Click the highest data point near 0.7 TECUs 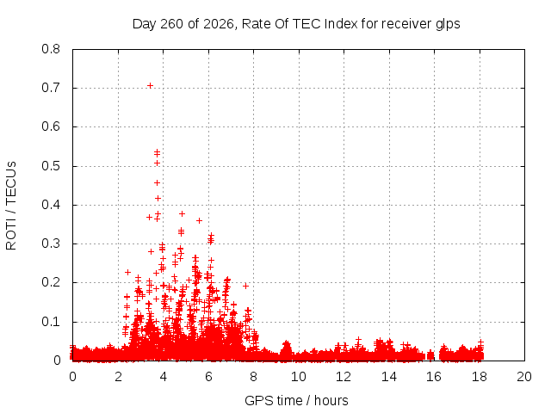(x=150, y=86)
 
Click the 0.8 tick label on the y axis (x=51, y=49)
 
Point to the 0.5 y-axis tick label (x=51, y=166)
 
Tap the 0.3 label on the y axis (x=51, y=243)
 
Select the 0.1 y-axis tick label (x=51, y=322)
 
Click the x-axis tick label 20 (x=524, y=377)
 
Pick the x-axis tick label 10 (x=299, y=377)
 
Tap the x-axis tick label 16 (x=434, y=377)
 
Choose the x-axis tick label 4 (x=163, y=377)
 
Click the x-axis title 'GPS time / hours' (x=296, y=400)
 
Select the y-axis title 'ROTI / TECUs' (x=11, y=206)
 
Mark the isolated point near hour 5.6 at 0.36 (x=199, y=220)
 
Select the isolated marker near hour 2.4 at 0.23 (x=128, y=272)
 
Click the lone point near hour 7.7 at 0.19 (x=246, y=286)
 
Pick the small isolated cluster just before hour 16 (x=430, y=355)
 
